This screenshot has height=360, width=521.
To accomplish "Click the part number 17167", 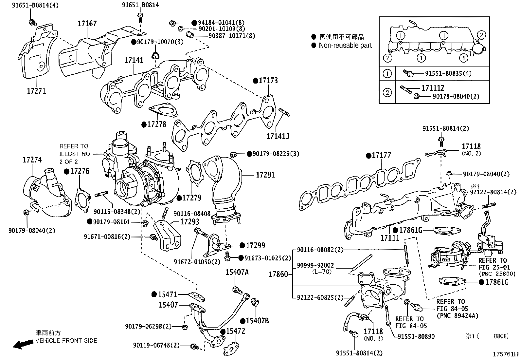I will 87,24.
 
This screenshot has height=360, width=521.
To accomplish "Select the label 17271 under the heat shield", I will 36,91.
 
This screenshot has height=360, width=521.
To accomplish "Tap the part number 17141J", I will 278,136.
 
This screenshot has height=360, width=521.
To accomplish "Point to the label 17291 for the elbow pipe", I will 265,175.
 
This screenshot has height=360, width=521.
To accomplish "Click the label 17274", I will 32,160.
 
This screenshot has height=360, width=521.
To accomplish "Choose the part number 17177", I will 381,155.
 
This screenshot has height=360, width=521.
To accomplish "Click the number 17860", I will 278,274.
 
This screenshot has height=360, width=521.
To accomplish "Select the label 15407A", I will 237,272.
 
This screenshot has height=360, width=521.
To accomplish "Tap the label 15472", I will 236,331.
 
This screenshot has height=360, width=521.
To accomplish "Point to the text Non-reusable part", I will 345,46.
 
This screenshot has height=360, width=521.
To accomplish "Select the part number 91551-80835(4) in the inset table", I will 448,74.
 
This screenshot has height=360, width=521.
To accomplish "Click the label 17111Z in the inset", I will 433,88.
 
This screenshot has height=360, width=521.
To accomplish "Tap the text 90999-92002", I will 315,265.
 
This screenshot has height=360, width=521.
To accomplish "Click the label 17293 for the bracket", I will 189,222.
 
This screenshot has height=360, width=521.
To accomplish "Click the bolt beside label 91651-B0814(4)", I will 32,22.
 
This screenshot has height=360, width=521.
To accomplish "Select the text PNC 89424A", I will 457,315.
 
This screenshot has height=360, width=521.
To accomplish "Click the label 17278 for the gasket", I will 156,124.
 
